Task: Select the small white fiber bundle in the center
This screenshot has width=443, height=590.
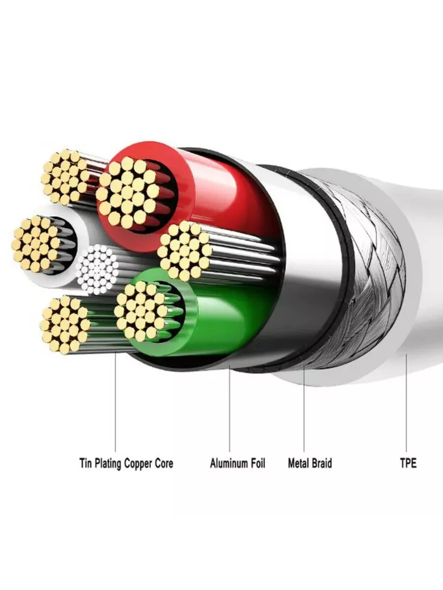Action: point(98,269)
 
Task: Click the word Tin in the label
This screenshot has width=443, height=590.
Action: point(86,463)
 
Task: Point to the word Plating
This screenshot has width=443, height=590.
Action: point(108,463)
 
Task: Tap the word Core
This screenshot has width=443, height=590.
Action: point(164,463)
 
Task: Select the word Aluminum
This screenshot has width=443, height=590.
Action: point(228,463)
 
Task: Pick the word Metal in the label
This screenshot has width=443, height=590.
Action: point(298,463)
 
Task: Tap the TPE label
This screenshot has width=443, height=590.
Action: point(408,463)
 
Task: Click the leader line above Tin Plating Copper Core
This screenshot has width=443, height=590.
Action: point(116,403)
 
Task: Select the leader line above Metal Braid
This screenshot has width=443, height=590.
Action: point(304,413)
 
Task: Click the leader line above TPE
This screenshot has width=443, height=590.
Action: point(407,403)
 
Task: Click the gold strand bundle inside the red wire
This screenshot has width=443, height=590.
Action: point(127,192)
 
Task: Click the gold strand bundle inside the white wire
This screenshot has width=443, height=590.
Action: point(36,243)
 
